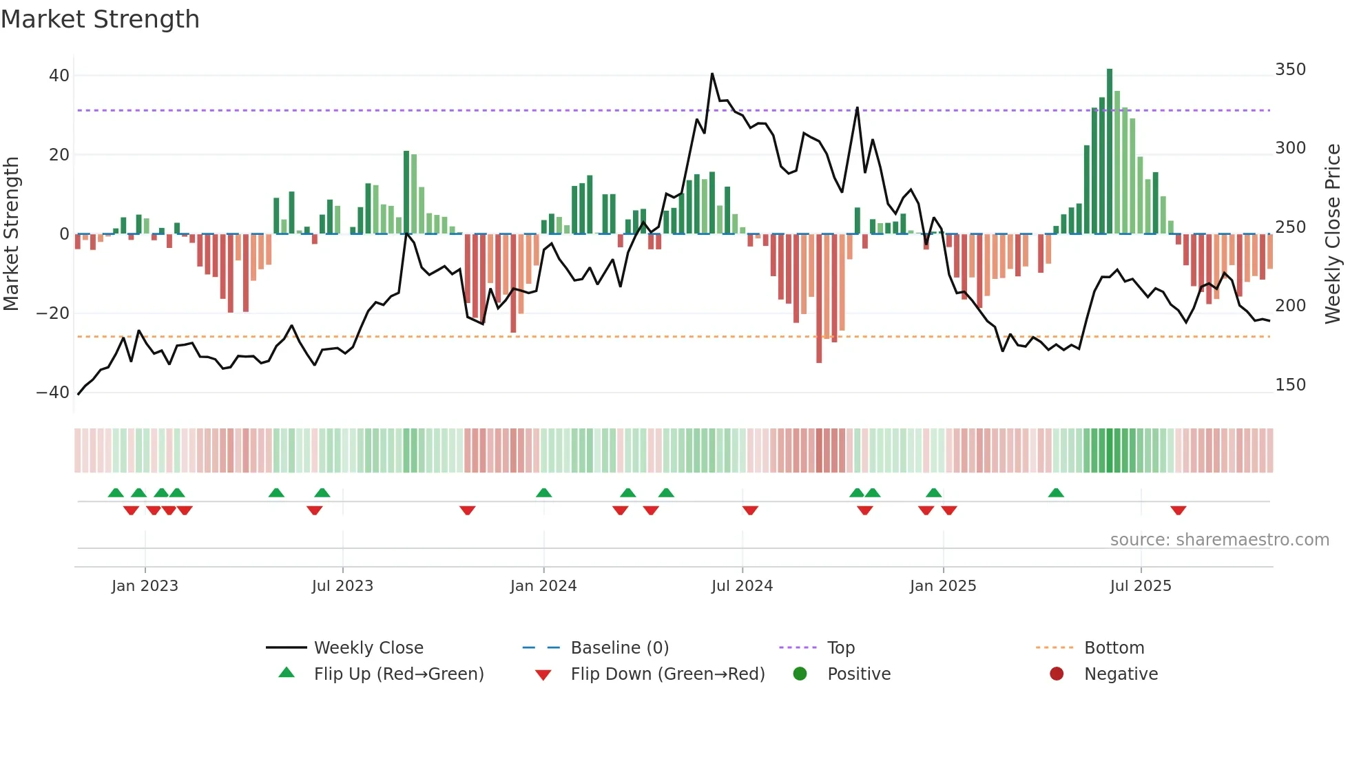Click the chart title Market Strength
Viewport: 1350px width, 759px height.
pyautogui.click(x=100, y=19)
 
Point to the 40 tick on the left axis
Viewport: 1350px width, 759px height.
pyautogui.click(x=59, y=76)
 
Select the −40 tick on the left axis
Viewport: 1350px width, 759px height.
pyautogui.click(x=53, y=393)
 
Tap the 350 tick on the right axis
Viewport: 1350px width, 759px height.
pyautogui.click(x=1290, y=70)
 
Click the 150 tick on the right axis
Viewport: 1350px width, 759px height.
pyautogui.click(x=1290, y=385)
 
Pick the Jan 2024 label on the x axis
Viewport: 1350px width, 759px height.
pyautogui.click(x=543, y=586)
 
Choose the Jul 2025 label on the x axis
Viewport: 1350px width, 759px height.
pyautogui.click(x=1141, y=586)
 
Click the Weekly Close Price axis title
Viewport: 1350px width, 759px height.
pyautogui.click(x=1333, y=234)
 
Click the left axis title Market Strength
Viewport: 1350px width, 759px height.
pyautogui.click(x=12, y=234)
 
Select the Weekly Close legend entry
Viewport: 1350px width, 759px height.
pyautogui.click(x=368, y=648)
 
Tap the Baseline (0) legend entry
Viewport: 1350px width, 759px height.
pyautogui.click(x=619, y=648)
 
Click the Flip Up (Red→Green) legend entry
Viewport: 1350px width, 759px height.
pyautogui.click(x=398, y=674)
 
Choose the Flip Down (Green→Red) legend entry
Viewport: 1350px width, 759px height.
pyautogui.click(x=667, y=674)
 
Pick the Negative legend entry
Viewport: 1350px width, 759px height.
pyautogui.click(x=1121, y=674)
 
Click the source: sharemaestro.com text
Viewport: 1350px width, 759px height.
pyautogui.click(x=1219, y=540)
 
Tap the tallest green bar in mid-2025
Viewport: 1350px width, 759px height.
pyautogui.click(x=1110, y=152)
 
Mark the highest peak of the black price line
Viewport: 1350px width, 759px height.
pyautogui.click(x=712, y=74)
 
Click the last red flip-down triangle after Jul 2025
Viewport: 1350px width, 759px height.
pyautogui.click(x=1178, y=510)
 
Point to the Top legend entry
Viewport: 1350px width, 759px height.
pyautogui.click(x=840, y=648)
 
